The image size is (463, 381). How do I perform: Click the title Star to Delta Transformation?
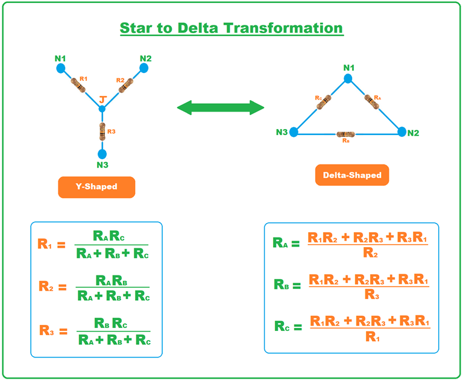coord(231,28)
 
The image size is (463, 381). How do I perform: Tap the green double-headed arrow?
coord(221,108)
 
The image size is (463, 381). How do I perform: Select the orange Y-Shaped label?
coord(96,187)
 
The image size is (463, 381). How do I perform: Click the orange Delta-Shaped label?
coord(352,175)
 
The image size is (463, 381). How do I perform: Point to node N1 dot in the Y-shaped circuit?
coord(61,68)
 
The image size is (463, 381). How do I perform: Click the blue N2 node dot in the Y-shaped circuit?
coord(143,68)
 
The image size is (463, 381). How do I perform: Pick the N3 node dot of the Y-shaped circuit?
coord(102,154)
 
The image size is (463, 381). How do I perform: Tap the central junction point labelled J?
coord(102,109)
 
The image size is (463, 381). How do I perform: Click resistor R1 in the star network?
coord(79,86)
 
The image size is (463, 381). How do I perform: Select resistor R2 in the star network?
coord(125,86)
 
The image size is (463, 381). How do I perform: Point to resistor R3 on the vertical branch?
coord(102,130)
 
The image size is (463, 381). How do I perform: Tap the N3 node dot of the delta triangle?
coord(294,132)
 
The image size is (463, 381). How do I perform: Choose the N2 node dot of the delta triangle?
coord(402,131)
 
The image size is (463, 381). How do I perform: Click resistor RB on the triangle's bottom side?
coord(345,133)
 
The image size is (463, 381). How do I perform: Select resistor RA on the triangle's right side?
coord(373,102)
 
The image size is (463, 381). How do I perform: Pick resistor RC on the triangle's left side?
coord(323,102)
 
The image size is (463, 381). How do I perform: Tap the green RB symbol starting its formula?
coord(282,284)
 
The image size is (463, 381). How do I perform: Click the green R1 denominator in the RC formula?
coord(373,338)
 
